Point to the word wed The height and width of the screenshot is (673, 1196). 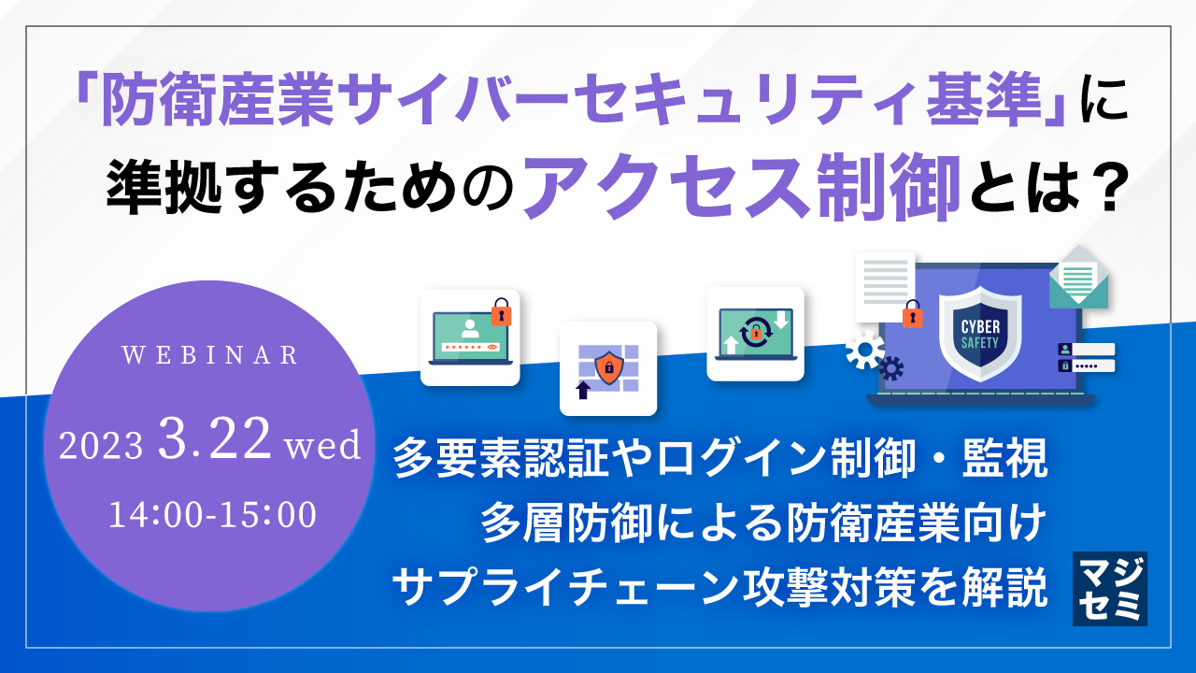coord(322,445)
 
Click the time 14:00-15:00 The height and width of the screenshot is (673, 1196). coord(213,515)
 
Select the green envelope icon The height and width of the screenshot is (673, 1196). coord(1077,278)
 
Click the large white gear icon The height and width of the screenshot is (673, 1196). coord(864,350)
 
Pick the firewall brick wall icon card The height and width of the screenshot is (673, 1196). coord(608,368)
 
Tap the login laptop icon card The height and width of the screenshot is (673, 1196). coord(469,337)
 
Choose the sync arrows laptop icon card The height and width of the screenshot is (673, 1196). coord(755,334)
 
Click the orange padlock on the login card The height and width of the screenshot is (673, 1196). coord(502,313)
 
